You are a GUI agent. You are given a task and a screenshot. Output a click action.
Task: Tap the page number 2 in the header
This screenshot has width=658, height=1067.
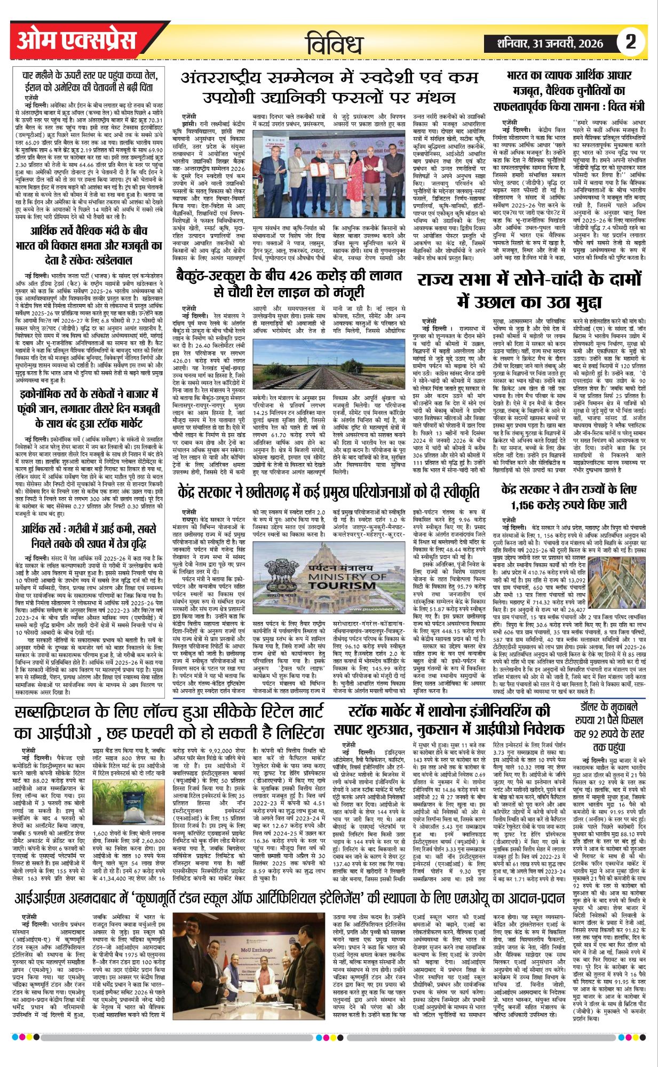point(631,41)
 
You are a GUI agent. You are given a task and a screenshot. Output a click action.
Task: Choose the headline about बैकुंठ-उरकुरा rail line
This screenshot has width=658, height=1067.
point(288,283)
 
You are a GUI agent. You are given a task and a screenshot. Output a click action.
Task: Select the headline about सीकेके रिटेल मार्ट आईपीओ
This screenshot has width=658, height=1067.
point(170,721)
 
